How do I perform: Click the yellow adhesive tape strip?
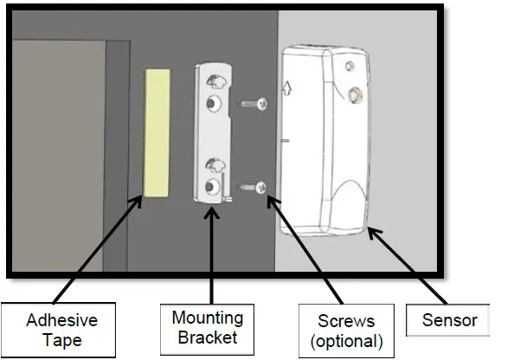(x=157, y=134)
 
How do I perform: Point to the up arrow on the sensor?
(x=287, y=88)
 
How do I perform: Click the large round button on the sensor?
(x=355, y=93)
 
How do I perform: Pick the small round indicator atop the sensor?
(x=348, y=66)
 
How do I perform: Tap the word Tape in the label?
(x=63, y=340)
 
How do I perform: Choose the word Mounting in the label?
(x=208, y=318)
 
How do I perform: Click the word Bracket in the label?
(x=208, y=337)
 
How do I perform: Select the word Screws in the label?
(x=346, y=321)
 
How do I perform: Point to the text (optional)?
(x=346, y=340)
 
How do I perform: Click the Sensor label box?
(x=448, y=320)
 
